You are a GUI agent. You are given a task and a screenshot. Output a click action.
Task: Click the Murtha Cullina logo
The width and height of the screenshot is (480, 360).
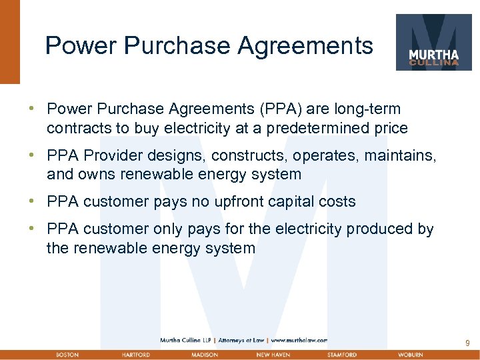(x=433, y=42)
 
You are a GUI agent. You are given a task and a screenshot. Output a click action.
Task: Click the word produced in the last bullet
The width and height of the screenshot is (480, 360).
(x=377, y=229)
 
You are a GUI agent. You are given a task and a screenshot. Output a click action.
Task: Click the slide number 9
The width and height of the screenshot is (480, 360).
(x=467, y=343)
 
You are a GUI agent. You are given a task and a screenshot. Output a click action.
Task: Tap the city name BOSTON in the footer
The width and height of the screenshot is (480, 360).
(x=67, y=355)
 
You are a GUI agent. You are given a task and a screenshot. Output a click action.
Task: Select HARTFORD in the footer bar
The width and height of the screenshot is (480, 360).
(x=135, y=355)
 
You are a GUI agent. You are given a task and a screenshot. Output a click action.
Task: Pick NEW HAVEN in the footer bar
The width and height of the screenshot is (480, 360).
(x=273, y=355)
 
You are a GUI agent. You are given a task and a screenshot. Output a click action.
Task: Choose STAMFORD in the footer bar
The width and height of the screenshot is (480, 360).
(x=342, y=355)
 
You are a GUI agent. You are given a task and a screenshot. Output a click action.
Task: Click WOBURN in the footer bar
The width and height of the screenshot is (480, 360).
(x=411, y=355)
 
